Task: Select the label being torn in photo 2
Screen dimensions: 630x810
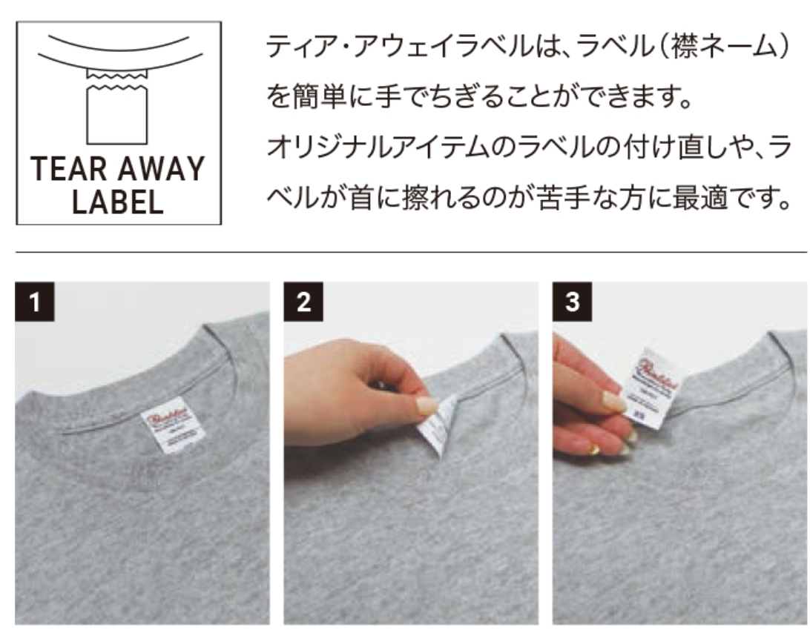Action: point(436,424)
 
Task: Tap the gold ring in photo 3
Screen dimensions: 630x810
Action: point(593,449)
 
